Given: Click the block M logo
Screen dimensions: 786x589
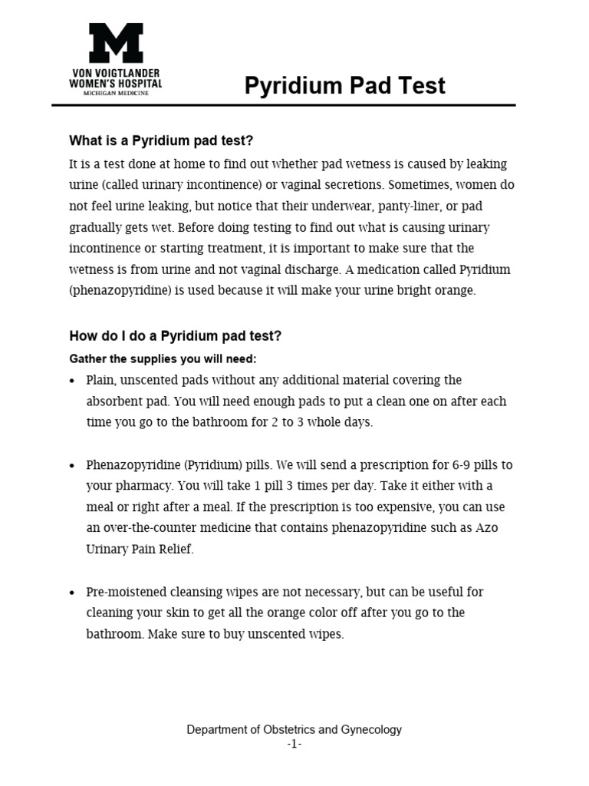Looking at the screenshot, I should (116, 43).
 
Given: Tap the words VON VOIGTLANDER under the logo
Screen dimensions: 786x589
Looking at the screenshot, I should (116, 71).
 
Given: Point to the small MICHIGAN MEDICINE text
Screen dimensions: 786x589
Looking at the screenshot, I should (116, 93).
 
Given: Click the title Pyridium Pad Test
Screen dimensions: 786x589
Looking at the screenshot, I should (344, 85).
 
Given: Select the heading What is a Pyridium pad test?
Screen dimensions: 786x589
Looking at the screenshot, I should (161, 140).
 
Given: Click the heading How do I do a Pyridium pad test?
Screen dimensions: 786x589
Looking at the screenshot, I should (176, 335).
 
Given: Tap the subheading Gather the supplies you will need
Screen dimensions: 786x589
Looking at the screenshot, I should (163, 358).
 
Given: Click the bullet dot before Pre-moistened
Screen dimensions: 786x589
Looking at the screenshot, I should (72, 593).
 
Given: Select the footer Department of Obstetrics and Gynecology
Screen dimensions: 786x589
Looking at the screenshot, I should (294, 730).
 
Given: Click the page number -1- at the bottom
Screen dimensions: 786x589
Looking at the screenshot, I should (294, 745).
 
